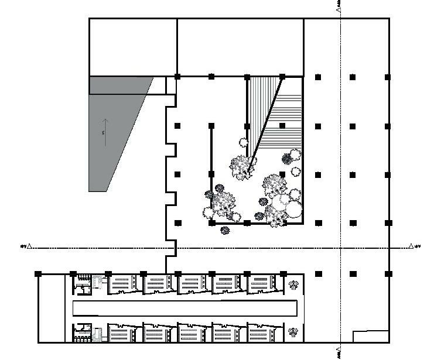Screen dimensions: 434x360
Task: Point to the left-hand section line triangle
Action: [x=30, y=246]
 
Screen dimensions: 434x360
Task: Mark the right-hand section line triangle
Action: [x=411, y=246]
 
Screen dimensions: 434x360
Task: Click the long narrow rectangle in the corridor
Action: [x=184, y=307]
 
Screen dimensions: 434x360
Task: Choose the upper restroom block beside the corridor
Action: [x=82, y=284]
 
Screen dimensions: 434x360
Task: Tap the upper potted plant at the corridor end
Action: [x=293, y=285]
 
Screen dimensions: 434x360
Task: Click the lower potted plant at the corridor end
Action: [x=293, y=332]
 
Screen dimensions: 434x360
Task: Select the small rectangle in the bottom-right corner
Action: [x=370, y=337]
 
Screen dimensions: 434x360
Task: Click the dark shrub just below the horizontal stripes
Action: [x=288, y=158]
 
